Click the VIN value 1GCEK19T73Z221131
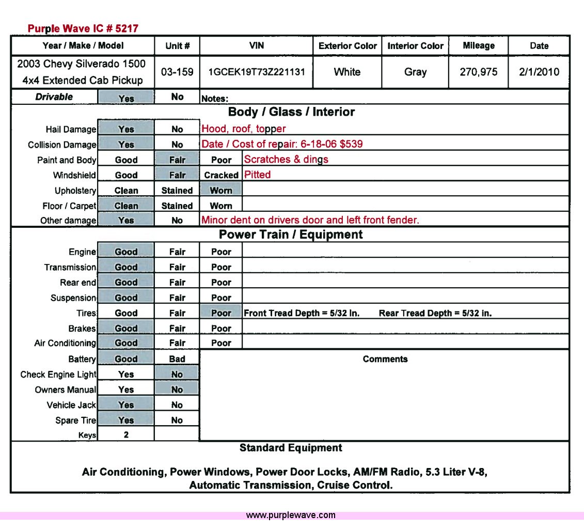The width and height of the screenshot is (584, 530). [256, 72]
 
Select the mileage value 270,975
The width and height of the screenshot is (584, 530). [478, 72]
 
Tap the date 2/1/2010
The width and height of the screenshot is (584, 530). [539, 72]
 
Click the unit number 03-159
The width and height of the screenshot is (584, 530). [177, 72]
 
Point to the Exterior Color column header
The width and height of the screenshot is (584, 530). [348, 45]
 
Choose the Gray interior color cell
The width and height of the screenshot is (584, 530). [415, 72]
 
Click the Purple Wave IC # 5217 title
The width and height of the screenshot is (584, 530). [83, 28]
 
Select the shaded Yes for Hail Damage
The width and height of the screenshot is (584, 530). [126, 129]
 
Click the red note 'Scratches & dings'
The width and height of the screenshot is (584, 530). [286, 159]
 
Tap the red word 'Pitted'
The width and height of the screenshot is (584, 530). [257, 175]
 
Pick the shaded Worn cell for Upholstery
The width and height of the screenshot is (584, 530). [221, 190]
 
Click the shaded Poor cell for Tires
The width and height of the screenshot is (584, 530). [221, 313]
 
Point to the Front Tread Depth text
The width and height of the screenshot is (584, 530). [302, 313]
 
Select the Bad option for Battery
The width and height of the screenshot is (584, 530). [177, 359]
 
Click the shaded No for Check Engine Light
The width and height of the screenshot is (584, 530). [177, 375]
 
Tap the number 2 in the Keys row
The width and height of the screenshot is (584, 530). [126, 435]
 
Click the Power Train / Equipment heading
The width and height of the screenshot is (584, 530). [291, 235]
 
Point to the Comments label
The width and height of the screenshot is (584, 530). [385, 359]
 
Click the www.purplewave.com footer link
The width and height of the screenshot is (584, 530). [291, 515]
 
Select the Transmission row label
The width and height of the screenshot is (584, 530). [70, 267]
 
